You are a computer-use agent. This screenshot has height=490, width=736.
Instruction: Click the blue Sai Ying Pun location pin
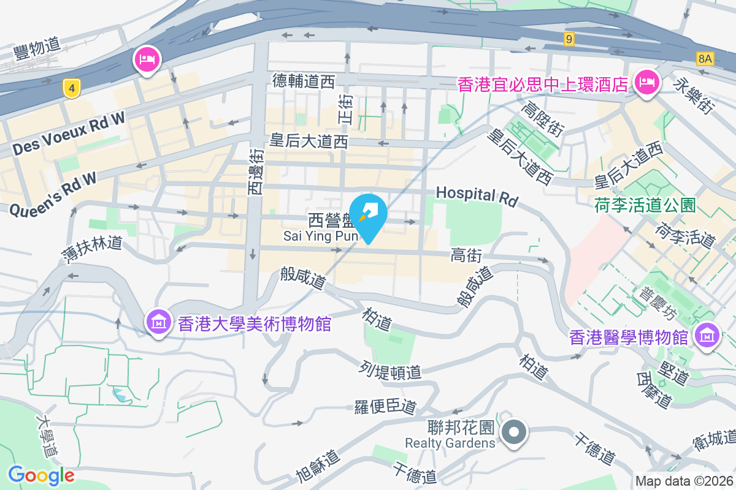click(x=368, y=216)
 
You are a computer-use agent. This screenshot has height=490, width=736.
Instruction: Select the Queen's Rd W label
click(x=53, y=194)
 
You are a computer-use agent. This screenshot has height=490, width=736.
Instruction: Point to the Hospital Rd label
click(x=477, y=196)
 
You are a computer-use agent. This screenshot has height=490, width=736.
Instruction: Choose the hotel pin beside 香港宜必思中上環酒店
click(x=646, y=81)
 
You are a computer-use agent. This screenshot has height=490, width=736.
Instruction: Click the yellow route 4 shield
click(x=72, y=89)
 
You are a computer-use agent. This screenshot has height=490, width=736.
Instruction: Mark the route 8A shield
click(x=706, y=59)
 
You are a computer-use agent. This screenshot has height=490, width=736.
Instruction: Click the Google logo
click(x=41, y=475)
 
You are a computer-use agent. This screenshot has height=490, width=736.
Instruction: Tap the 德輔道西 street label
click(x=304, y=80)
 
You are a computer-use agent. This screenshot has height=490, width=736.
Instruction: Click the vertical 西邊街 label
click(x=256, y=171)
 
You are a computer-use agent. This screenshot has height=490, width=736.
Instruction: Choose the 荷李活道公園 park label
click(x=645, y=205)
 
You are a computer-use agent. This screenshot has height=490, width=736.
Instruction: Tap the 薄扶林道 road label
click(x=92, y=247)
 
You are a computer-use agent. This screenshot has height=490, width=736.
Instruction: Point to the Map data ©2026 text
click(x=684, y=481)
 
